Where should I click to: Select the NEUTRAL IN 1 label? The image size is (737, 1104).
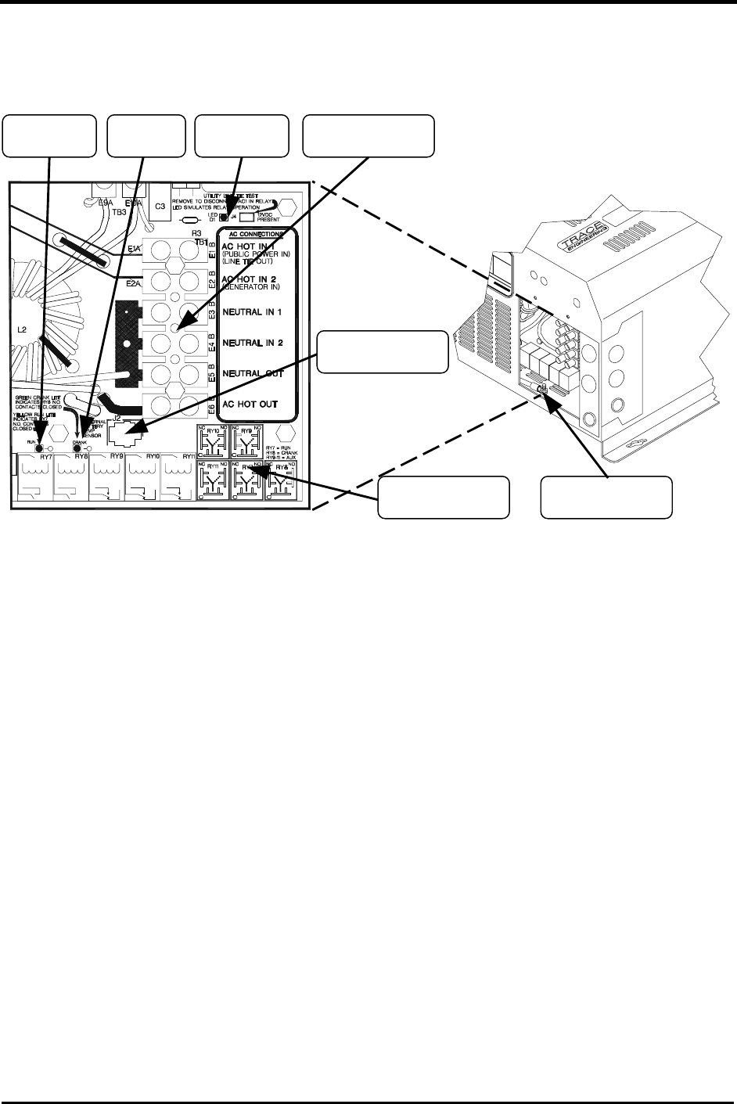click(x=253, y=311)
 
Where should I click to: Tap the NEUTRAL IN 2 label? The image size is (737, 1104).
click(x=253, y=343)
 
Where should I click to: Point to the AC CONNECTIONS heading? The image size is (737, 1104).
click(x=256, y=234)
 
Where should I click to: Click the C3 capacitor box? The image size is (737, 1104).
click(x=159, y=206)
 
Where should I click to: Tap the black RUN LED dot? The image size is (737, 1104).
click(x=36, y=448)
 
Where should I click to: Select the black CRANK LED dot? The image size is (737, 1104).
click(x=77, y=448)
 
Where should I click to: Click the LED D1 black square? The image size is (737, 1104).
click(x=224, y=218)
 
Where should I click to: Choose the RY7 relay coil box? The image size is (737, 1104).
click(x=33, y=476)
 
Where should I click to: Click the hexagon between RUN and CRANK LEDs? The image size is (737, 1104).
click(x=56, y=441)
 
